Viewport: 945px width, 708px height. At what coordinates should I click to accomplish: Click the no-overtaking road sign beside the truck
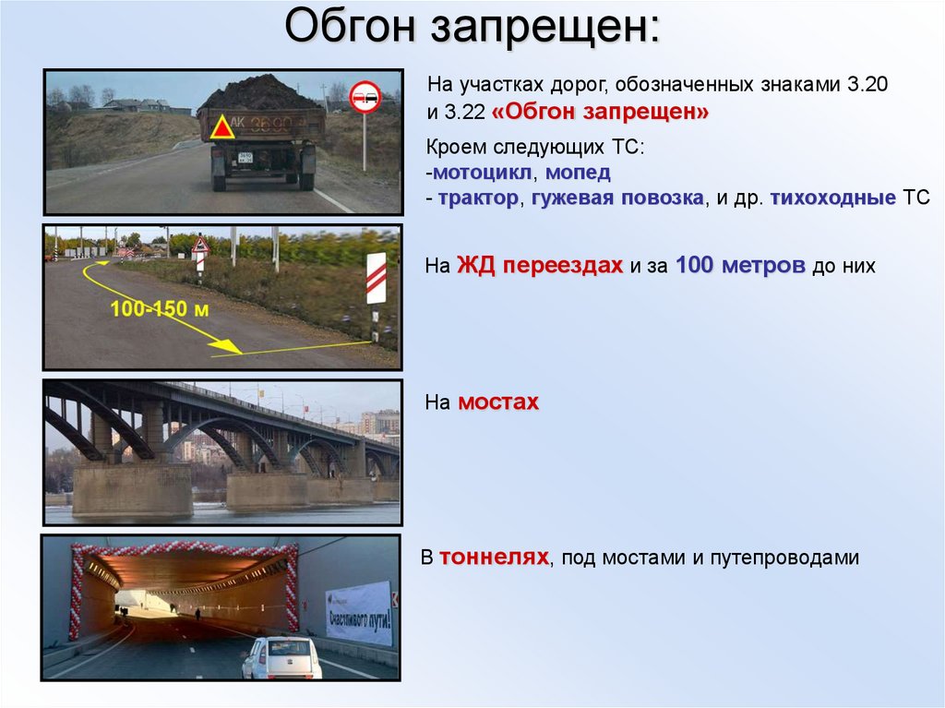tap(365, 97)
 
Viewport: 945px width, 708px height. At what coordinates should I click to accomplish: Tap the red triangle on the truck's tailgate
tap(221, 127)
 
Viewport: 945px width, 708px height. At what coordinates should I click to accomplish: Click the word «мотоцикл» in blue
tap(482, 173)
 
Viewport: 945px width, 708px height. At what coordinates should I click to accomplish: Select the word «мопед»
tap(578, 173)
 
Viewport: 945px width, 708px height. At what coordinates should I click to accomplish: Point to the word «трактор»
tap(478, 198)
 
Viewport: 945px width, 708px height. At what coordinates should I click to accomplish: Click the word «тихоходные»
tap(833, 198)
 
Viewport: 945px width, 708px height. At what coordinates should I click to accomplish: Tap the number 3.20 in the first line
tap(867, 84)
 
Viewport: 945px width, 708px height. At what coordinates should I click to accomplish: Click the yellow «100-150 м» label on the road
tap(159, 309)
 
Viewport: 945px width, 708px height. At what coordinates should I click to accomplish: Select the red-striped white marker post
tap(377, 278)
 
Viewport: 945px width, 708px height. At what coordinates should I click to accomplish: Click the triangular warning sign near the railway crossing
tap(200, 245)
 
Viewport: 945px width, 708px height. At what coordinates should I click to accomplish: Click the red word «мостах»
tap(497, 402)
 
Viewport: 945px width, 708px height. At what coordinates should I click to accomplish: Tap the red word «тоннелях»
tap(494, 557)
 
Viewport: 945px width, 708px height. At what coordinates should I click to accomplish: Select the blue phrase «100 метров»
tap(740, 265)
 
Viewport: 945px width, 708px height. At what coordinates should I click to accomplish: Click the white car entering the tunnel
tap(282, 658)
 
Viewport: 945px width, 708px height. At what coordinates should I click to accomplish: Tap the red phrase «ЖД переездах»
tap(539, 265)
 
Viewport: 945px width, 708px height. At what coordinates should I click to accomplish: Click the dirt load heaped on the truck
tap(260, 94)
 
